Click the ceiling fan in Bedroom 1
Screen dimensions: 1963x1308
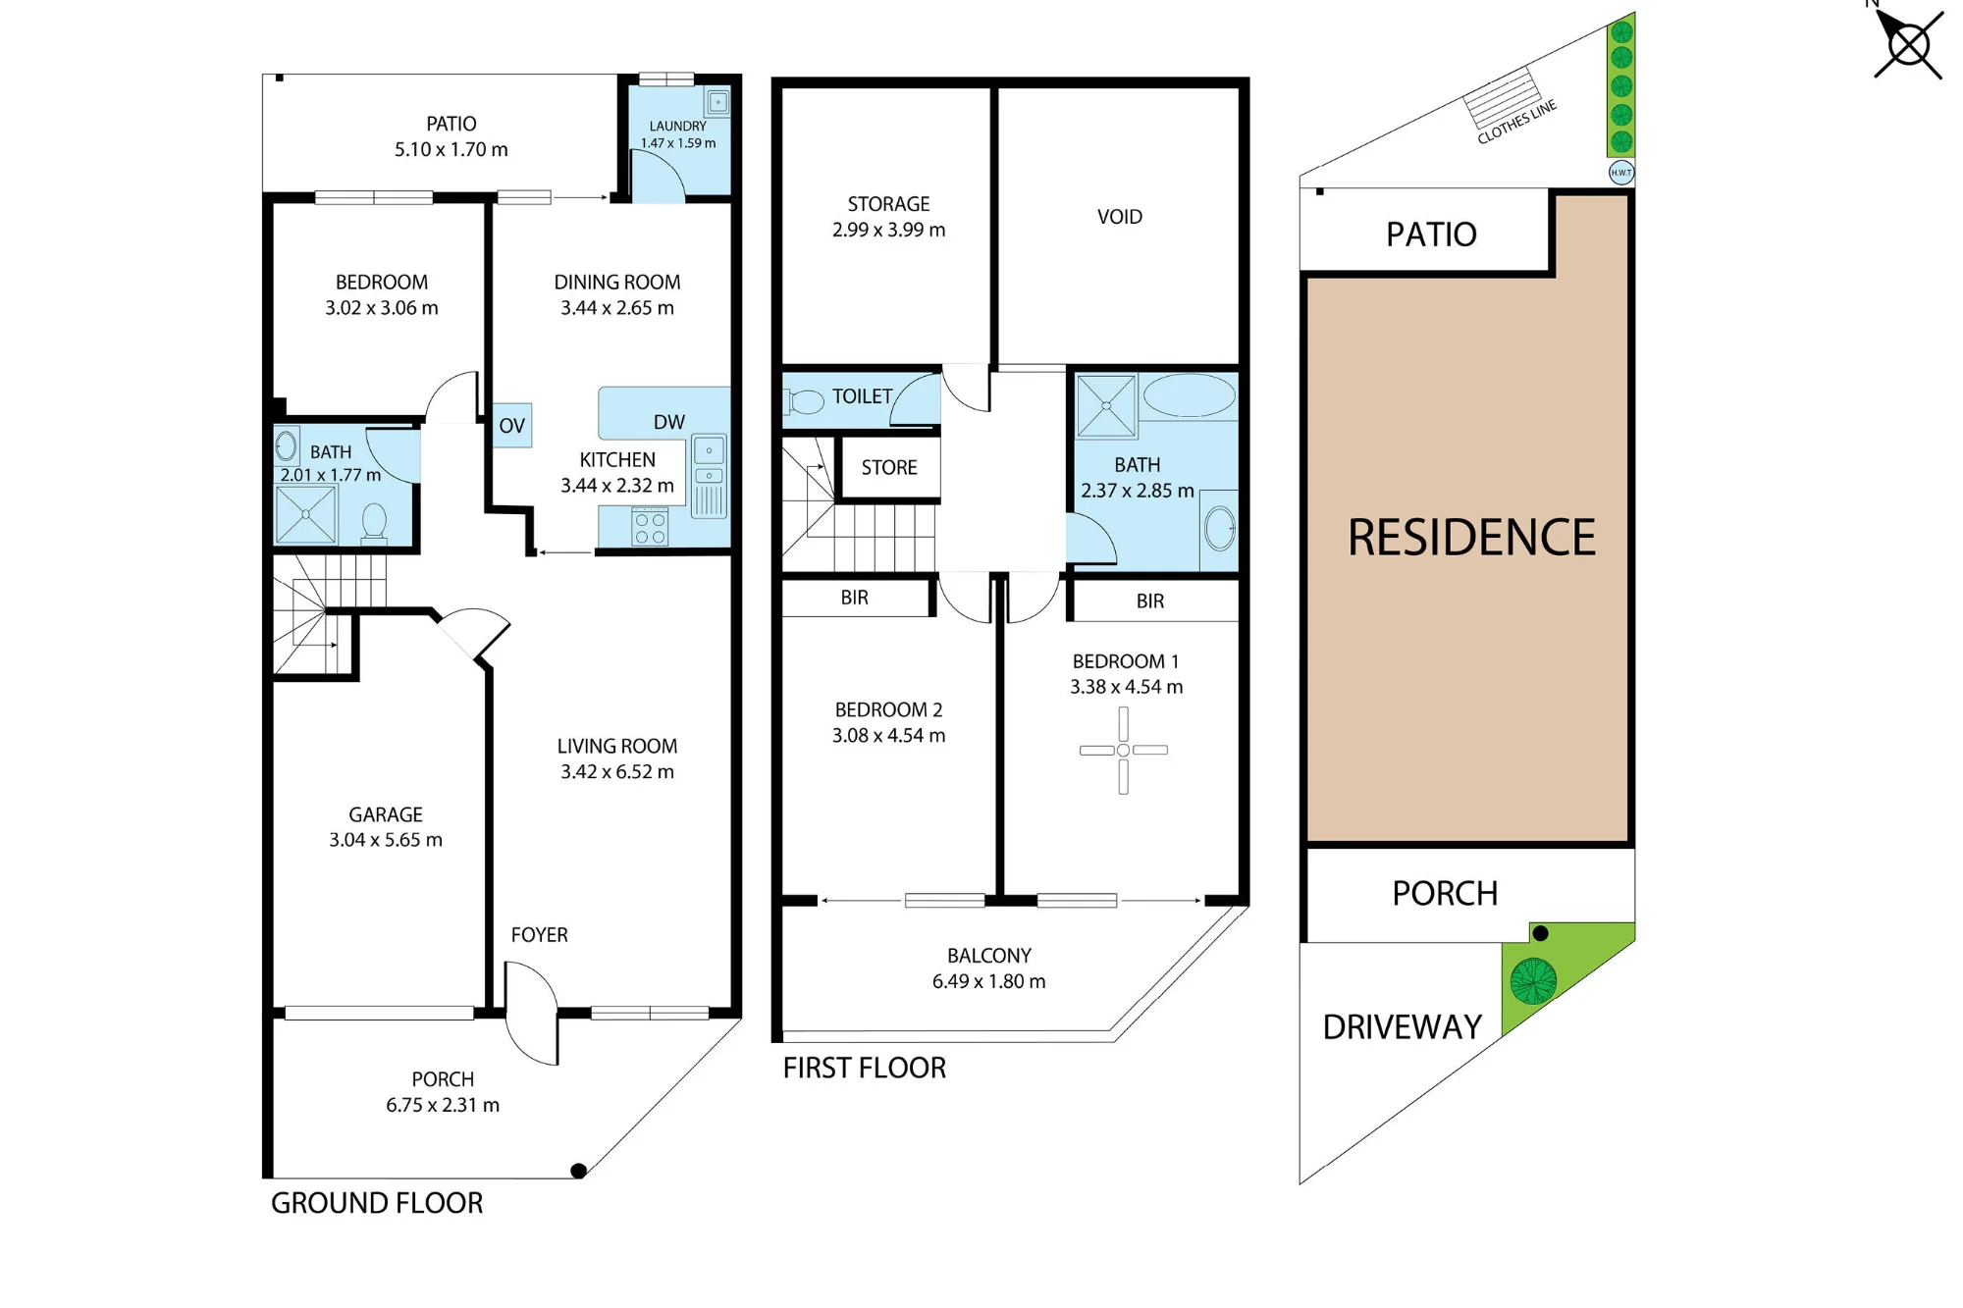pos(1123,751)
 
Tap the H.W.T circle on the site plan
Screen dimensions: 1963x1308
pos(1621,173)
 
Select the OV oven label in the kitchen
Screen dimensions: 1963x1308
pos(511,426)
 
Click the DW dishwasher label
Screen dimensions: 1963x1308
pos(669,422)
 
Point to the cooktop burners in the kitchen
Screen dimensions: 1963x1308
pos(650,527)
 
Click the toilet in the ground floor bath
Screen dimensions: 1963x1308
pos(374,522)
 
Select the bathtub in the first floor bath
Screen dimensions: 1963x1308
pos(1190,396)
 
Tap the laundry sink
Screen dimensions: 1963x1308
pos(717,102)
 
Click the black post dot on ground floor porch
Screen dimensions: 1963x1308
pos(579,1171)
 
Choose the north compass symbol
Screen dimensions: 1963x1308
pos(1909,43)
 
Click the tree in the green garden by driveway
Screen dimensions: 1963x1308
pos(1533,980)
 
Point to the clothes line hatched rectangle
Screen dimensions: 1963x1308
pos(1502,98)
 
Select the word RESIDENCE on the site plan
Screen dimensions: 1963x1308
pos(1471,538)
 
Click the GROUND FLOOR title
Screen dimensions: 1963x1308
pos(377,1203)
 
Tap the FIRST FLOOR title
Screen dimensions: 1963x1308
pos(865,1068)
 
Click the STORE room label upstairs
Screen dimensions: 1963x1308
pos(889,468)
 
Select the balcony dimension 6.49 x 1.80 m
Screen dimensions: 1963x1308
pos(989,981)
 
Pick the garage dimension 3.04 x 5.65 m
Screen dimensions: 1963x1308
pos(386,840)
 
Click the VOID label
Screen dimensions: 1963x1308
pos(1120,217)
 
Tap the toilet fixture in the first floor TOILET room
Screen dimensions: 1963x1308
pos(804,401)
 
